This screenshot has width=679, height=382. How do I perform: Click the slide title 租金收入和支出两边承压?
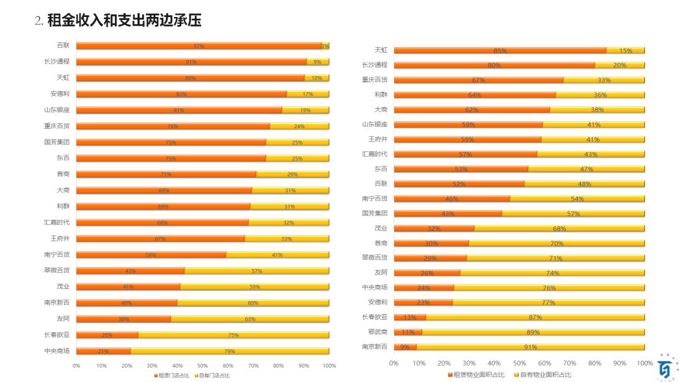[x=124, y=21]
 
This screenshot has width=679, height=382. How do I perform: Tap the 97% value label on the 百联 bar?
[x=199, y=46]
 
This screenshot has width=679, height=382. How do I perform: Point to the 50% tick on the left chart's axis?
[x=202, y=365]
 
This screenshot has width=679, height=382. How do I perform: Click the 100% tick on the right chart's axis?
[x=644, y=363]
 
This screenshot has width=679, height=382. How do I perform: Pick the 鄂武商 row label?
[x=377, y=332]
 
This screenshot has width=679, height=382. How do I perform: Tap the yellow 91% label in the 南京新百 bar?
[x=531, y=347]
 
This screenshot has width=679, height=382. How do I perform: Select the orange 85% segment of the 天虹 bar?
[x=500, y=50]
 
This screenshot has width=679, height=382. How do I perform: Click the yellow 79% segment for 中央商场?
[x=229, y=351]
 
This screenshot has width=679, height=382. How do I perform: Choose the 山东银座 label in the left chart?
[x=57, y=110]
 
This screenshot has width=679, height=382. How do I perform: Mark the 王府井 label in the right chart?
[x=378, y=139]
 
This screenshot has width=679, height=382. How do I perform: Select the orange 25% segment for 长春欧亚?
[x=108, y=335]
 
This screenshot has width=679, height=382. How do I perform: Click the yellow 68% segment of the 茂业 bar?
[x=559, y=228]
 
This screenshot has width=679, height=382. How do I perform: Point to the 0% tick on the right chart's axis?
[x=394, y=363]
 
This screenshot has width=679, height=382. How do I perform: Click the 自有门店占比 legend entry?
[x=214, y=375]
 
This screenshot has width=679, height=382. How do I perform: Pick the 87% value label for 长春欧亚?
[x=535, y=317]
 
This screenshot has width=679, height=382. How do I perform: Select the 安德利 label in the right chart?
[x=377, y=302]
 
